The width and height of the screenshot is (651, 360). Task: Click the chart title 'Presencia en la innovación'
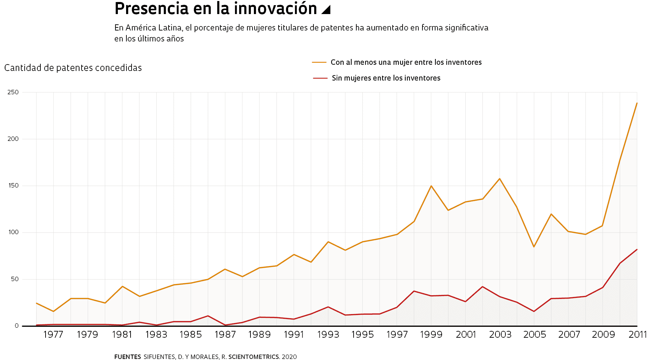pyautogui.click(x=216, y=9)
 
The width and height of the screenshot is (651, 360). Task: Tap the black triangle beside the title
pyautogui.click(x=327, y=10)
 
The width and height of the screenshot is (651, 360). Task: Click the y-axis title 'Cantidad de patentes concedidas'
pyautogui.click(x=73, y=68)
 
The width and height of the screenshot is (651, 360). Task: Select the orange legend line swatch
pyautogui.click(x=319, y=62)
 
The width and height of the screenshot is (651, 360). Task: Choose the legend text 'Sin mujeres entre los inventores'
pyautogui.click(x=386, y=78)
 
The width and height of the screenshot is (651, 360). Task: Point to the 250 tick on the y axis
pyautogui.click(x=13, y=92)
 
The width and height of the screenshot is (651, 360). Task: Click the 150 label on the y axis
pyautogui.click(x=13, y=185)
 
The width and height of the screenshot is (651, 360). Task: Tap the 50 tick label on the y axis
pyautogui.click(x=14, y=279)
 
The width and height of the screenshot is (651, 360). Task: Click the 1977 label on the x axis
pyautogui.click(x=53, y=335)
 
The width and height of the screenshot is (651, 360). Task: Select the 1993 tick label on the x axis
pyautogui.click(x=328, y=335)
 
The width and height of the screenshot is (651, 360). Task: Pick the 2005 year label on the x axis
pyautogui.click(x=534, y=335)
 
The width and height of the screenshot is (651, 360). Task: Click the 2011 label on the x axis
pyautogui.click(x=637, y=335)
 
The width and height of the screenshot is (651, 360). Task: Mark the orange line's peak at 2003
pyautogui.click(x=500, y=179)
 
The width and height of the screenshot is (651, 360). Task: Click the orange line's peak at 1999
pyautogui.click(x=431, y=186)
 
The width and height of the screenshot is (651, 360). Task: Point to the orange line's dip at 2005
pyautogui.click(x=534, y=247)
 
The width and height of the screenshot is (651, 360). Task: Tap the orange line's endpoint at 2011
pyautogui.click(x=637, y=103)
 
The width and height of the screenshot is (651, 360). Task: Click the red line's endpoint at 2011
pyautogui.click(x=637, y=249)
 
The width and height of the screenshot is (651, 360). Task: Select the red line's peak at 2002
pyautogui.click(x=482, y=287)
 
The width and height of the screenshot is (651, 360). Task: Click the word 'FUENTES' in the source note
pyautogui.click(x=127, y=357)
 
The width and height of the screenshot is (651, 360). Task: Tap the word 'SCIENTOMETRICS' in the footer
pyautogui.click(x=254, y=357)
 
